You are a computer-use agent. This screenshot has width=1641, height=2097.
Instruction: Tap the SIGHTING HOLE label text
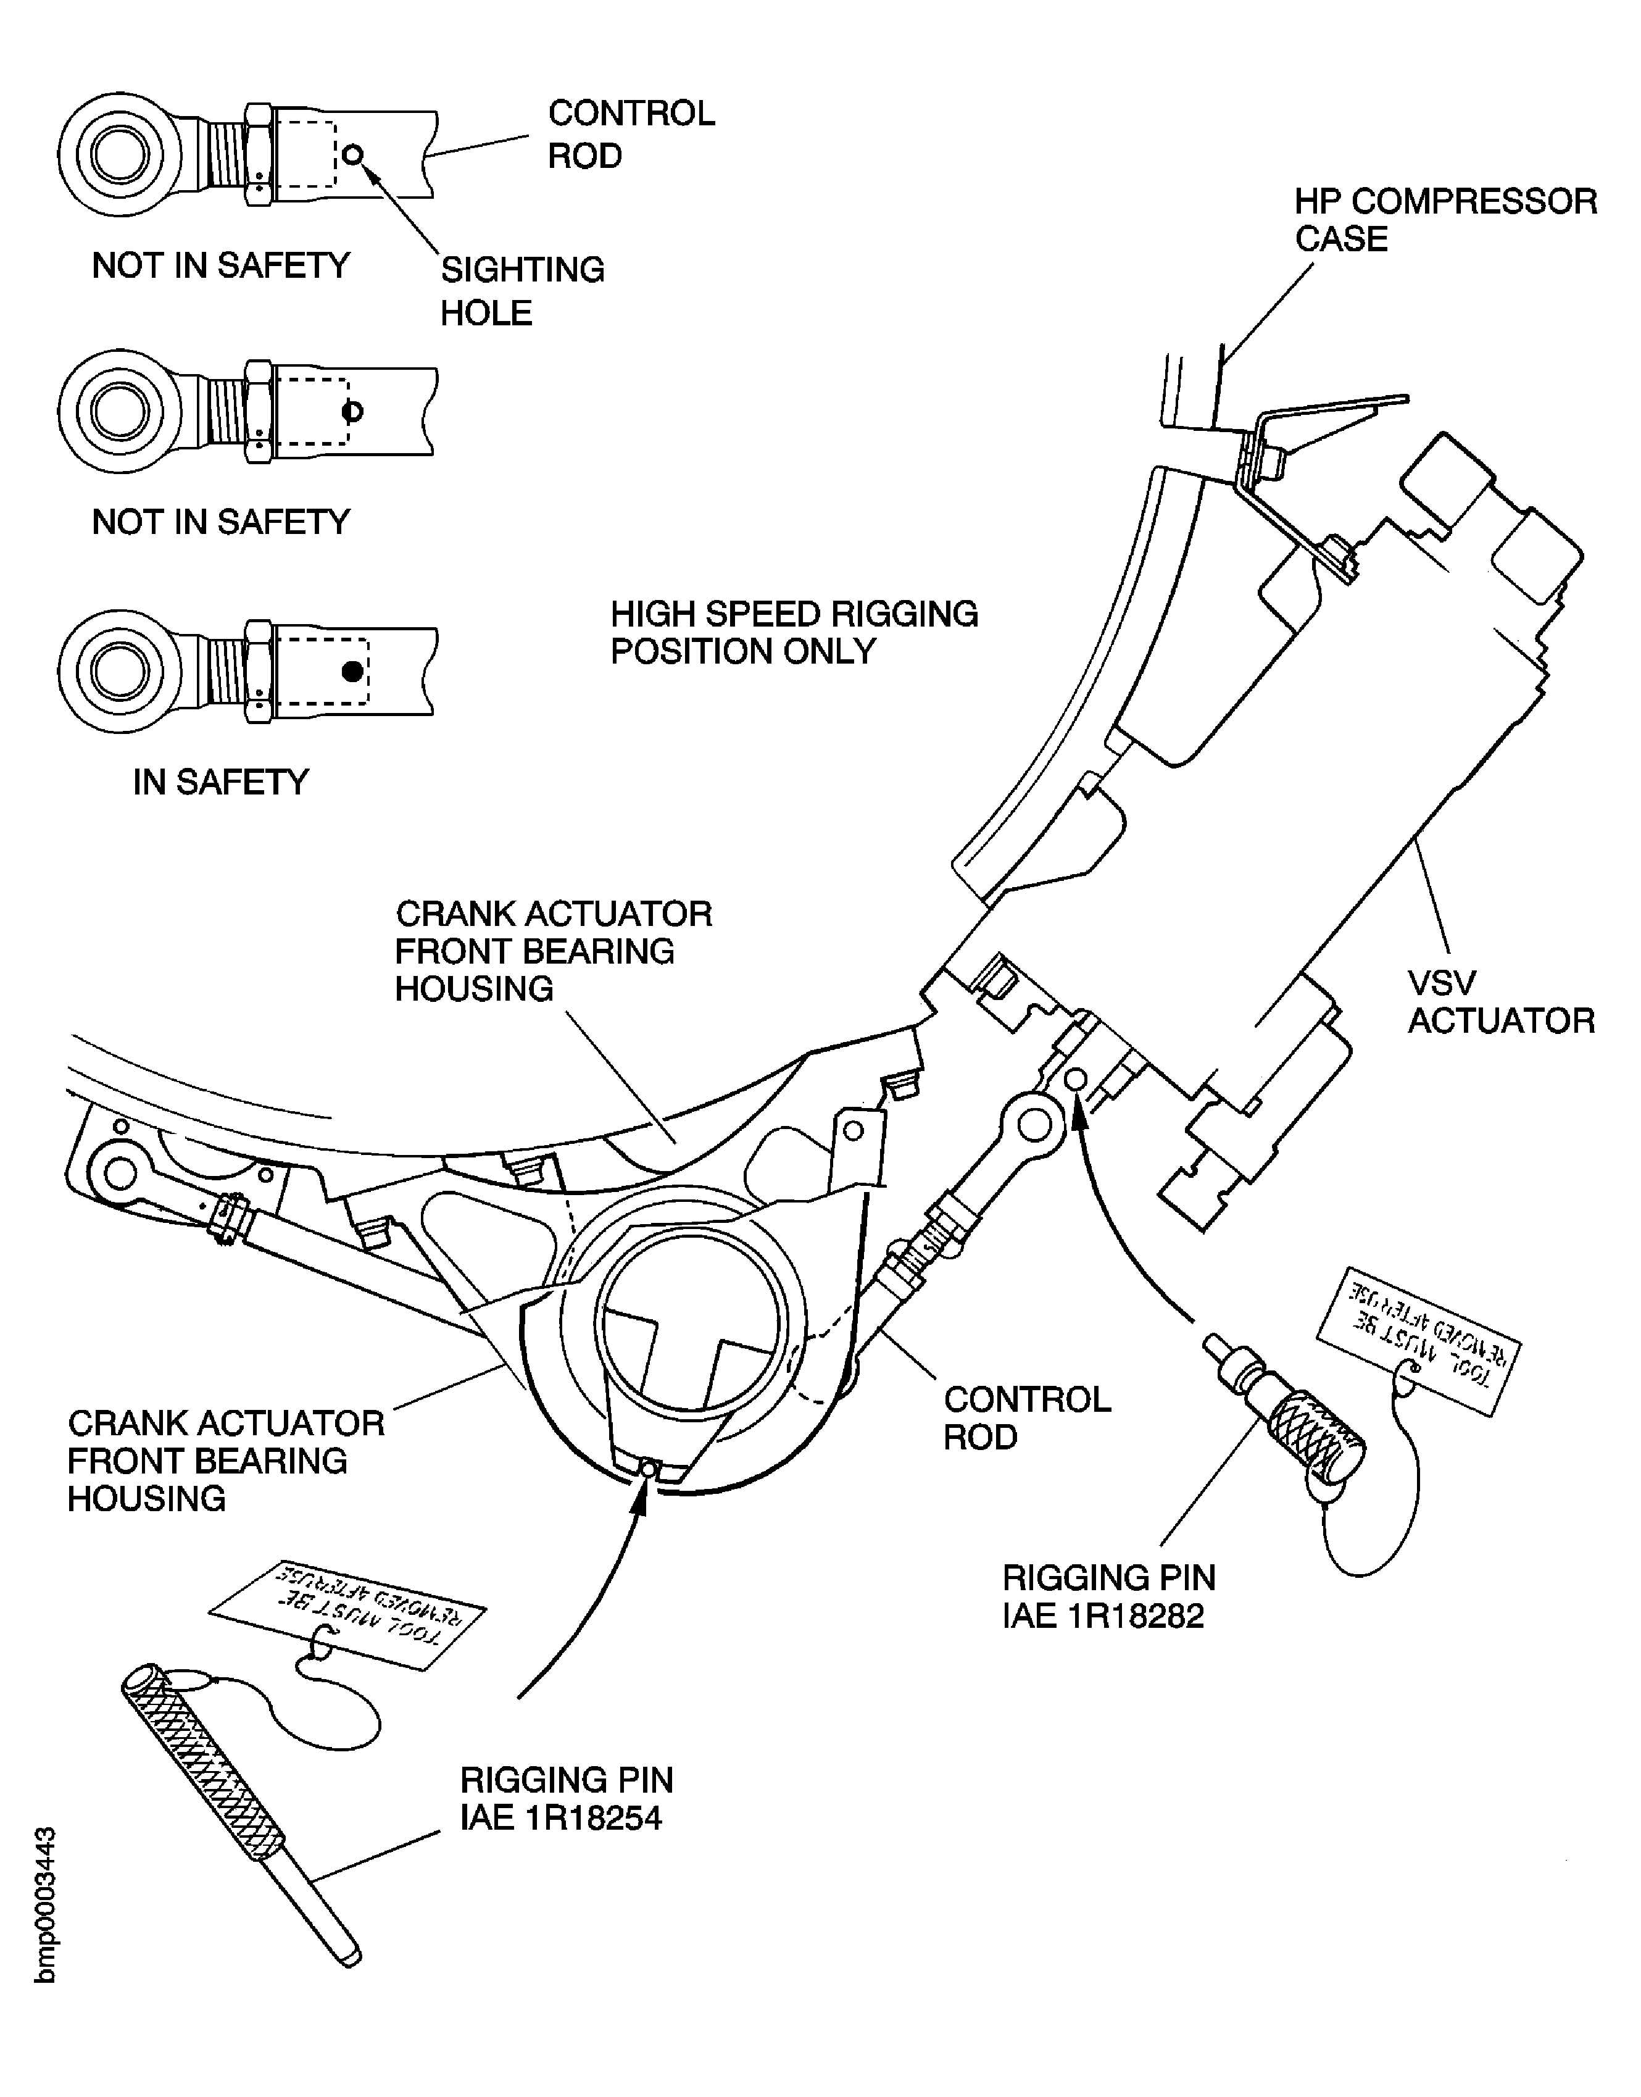[x=521, y=290]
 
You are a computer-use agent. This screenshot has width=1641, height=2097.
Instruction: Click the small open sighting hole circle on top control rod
[x=354, y=154]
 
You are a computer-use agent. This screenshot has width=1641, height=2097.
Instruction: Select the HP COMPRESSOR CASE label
[x=1444, y=220]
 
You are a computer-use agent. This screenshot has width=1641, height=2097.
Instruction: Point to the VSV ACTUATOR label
[x=1500, y=1001]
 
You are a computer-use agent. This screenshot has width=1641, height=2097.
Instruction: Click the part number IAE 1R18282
[x=1103, y=1615]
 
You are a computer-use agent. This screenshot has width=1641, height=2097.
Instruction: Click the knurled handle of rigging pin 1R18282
[x=1316, y=1443]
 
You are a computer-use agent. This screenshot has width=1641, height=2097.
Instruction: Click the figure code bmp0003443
[x=45, y=1904]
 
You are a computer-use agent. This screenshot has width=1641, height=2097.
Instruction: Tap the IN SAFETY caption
[x=220, y=782]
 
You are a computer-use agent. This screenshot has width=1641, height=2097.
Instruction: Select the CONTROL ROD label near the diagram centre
[x=1026, y=1417]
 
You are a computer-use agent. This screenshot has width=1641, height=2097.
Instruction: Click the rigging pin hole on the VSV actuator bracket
[x=1076, y=1079]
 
